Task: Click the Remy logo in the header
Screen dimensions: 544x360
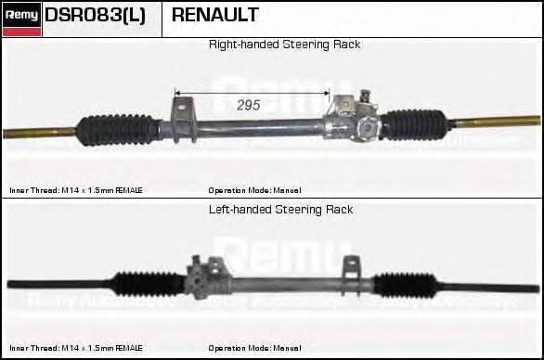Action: (20, 19)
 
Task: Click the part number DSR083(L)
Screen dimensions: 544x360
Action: (95, 16)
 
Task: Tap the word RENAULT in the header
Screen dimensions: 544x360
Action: (215, 16)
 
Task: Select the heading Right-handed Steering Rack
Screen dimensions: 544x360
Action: (284, 45)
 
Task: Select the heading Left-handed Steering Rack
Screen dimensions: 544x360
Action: (281, 210)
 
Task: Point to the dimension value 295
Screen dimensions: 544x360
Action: (248, 105)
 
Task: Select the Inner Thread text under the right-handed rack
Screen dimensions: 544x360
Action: (76, 190)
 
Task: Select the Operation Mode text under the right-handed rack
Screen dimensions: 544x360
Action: (254, 190)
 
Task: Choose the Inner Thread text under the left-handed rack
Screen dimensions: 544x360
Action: (76, 348)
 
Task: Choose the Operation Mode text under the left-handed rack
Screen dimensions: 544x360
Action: (254, 348)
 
